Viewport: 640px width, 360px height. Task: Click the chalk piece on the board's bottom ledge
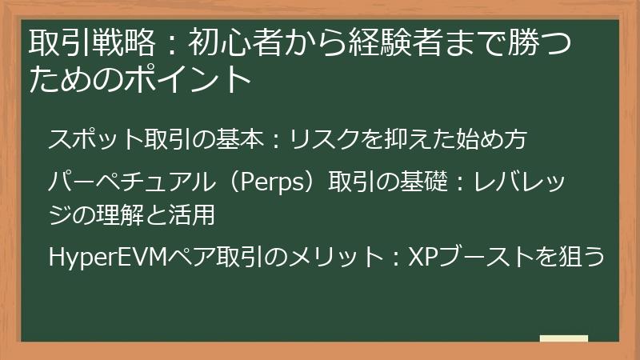click(x=563, y=338)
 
